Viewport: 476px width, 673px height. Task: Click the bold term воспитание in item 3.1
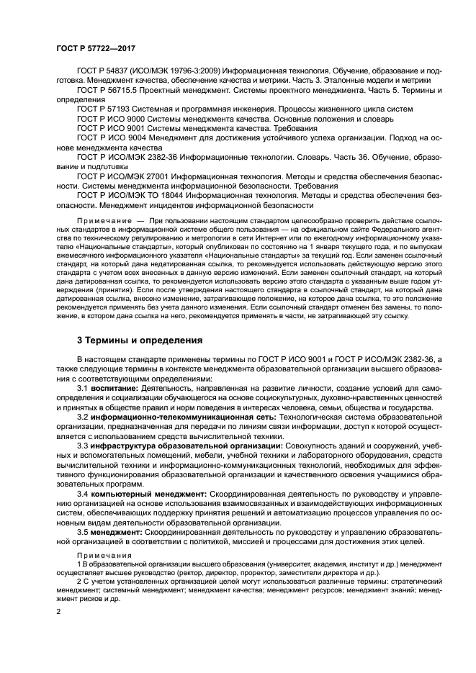[x=114, y=388]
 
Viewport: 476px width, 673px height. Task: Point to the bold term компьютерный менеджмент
[x=148, y=494]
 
